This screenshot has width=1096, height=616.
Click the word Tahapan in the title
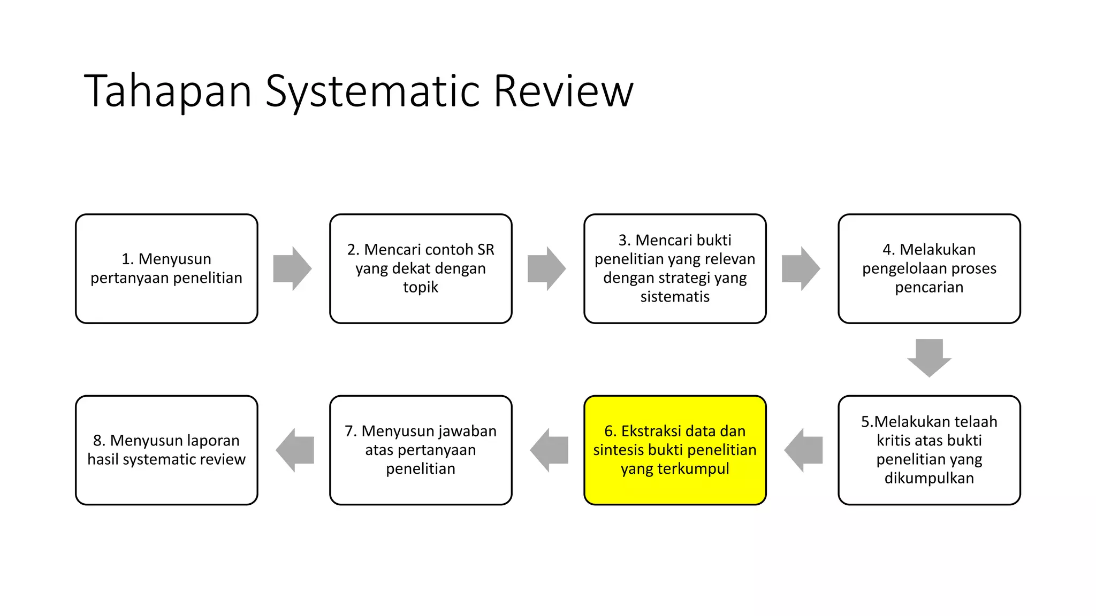click(x=168, y=92)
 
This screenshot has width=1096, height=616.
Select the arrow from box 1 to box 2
click(x=292, y=268)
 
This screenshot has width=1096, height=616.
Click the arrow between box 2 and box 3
click(x=546, y=268)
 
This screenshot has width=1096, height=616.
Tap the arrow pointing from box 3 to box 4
click(x=801, y=268)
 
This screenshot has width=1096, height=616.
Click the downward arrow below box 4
click(x=929, y=358)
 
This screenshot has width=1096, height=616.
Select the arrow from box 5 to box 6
click(x=803, y=450)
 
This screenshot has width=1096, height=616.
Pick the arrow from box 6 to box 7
click(x=549, y=450)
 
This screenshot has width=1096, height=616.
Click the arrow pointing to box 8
click(x=295, y=450)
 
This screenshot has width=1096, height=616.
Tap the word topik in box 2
click(x=420, y=287)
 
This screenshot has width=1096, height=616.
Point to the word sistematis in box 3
click(x=675, y=297)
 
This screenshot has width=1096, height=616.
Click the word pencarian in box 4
click(x=929, y=287)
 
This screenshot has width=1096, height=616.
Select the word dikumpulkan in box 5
click(x=929, y=478)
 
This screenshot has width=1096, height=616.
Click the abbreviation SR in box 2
click(x=485, y=250)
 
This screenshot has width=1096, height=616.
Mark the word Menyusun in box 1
click(x=174, y=259)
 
